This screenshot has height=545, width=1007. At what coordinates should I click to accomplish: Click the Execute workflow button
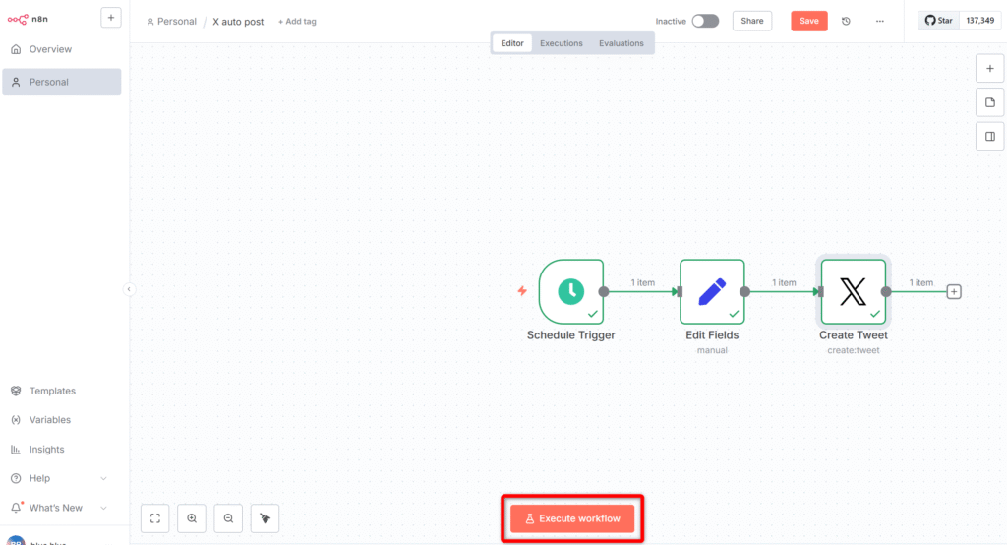(x=572, y=518)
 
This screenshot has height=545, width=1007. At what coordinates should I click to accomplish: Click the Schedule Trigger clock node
(x=571, y=292)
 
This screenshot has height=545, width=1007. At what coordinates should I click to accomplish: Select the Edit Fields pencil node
(x=712, y=292)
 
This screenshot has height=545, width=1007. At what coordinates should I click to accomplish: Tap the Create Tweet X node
(x=854, y=292)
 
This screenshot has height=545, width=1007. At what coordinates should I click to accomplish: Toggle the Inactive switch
(x=705, y=22)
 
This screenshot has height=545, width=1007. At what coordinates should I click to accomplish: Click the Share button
(x=752, y=22)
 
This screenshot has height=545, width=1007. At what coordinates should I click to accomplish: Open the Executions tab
(x=562, y=43)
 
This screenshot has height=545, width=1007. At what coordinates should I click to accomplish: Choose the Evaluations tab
(x=622, y=43)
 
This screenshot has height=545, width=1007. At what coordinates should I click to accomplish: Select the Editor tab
(x=511, y=43)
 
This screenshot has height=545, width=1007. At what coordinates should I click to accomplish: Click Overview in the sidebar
(x=50, y=49)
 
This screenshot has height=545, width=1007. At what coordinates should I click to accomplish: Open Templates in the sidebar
(x=52, y=391)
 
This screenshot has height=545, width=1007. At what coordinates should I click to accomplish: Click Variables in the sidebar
(x=49, y=420)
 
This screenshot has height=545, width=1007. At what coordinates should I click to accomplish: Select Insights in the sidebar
(x=46, y=450)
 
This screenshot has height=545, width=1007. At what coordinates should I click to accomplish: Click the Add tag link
(x=297, y=22)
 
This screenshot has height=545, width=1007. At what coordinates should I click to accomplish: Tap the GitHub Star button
(x=939, y=21)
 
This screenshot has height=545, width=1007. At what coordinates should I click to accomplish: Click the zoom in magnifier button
(x=192, y=518)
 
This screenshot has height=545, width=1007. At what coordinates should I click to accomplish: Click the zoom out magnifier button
(x=228, y=518)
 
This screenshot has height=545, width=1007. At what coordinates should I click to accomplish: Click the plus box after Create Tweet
(x=954, y=292)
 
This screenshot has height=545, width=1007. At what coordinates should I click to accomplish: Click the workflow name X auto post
(x=238, y=22)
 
